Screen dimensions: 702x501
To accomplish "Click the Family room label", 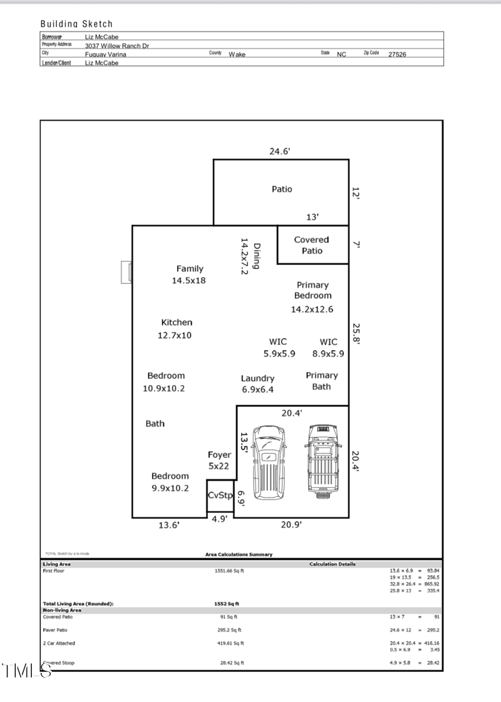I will click(x=189, y=269).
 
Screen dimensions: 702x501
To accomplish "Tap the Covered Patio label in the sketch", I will click(x=311, y=245).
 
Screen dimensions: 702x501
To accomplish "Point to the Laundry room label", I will click(x=257, y=378).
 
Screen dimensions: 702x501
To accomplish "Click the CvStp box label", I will click(x=220, y=495).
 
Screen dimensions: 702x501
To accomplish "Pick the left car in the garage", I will click(x=269, y=462).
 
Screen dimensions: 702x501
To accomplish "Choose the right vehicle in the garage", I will click(x=323, y=462).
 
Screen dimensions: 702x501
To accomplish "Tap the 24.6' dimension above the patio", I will click(x=279, y=151).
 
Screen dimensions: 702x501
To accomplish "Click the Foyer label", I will click(x=219, y=455).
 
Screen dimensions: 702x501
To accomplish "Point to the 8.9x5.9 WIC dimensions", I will click(x=328, y=354).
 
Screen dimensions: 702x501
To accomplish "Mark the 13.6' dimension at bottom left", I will click(x=169, y=526).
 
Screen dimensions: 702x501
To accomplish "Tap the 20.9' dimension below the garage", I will click(x=291, y=525).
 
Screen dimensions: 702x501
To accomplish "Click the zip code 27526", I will click(x=397, y=54).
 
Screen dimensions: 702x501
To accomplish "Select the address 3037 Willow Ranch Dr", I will click(x=117, y=46).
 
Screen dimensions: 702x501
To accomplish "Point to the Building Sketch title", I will click(x=76, y=24).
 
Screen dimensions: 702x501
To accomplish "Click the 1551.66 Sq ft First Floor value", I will click(x=229, y=571).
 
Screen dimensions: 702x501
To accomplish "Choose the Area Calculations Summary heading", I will click(x=239, y=554).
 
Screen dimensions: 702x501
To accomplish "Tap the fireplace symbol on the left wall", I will click(x=127, y=272).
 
